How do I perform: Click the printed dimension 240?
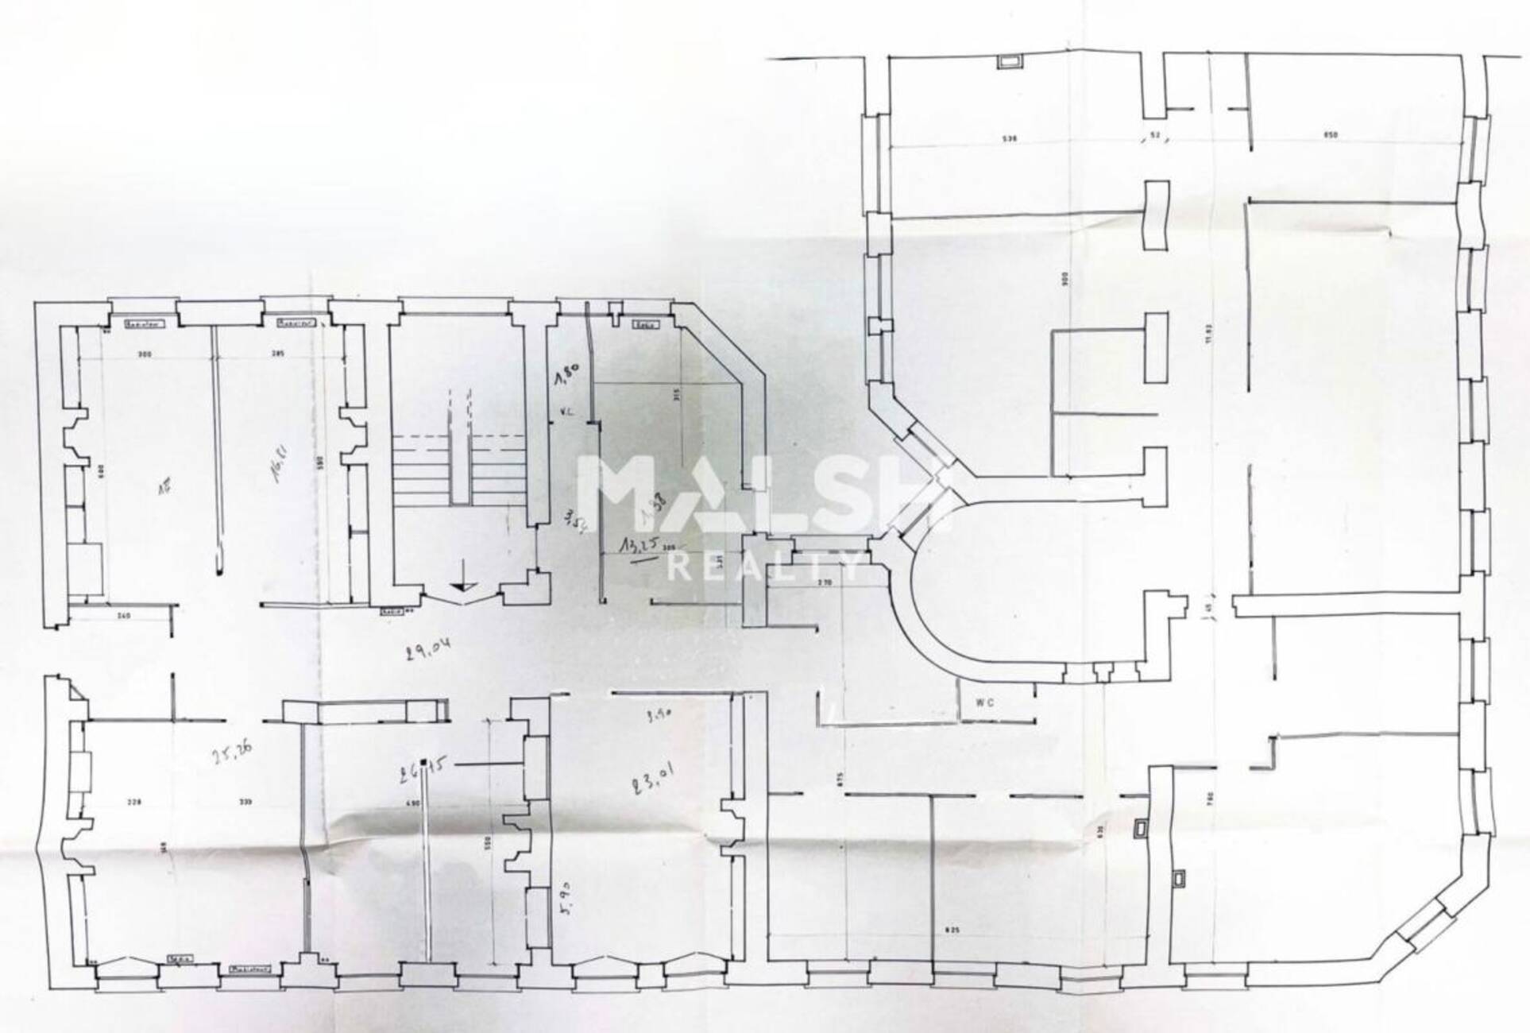click(123, 616)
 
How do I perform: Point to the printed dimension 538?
click(1009, 137)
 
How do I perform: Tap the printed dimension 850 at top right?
click(1331, 135)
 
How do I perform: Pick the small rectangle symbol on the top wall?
click(1010, 62)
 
